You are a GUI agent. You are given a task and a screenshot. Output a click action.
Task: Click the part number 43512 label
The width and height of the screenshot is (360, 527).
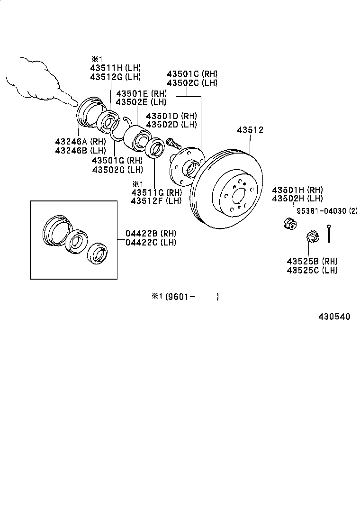(250, 130)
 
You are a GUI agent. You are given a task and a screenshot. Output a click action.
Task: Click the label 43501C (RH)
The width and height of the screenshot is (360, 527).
(192, 74)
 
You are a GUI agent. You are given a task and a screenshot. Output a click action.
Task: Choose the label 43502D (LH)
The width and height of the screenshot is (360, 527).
(171, 125)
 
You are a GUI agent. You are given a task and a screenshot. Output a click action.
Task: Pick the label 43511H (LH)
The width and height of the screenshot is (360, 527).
(116, 68)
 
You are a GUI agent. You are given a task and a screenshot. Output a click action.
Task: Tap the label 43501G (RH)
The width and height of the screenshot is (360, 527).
(117, 161)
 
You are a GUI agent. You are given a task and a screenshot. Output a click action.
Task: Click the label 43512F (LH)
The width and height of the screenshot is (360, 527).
(156, 201)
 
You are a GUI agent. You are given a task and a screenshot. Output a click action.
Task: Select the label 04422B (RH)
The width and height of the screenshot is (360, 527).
(150, 234)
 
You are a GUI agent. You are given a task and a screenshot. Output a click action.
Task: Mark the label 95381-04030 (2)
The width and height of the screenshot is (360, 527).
(327, 211)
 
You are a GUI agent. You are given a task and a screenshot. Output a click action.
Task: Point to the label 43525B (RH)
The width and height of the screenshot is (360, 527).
(312, 262)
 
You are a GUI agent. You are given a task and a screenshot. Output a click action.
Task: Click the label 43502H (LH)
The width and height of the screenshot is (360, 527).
(297, 199)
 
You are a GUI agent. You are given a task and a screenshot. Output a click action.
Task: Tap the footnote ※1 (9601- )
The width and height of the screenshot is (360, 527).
(185, 297)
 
